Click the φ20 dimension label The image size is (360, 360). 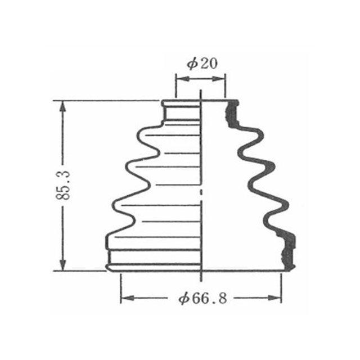tap(202, 64)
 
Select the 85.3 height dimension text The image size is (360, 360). tap(62, 186)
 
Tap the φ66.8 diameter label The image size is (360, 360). tap(202, 298)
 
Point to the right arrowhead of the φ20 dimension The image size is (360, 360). tap(219, 79)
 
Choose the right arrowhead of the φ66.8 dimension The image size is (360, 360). tap(274, 298)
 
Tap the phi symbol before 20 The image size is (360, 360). tap(192, 64)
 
